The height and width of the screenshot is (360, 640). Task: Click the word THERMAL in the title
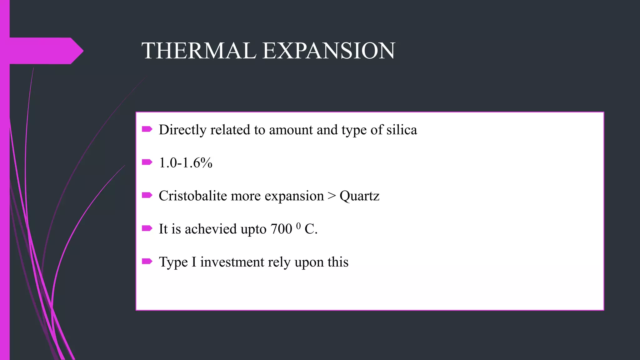[x=199, y=51]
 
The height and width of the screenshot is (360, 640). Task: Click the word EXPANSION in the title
[x=329, y=51]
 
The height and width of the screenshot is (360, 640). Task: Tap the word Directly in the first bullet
[x=182, y=130]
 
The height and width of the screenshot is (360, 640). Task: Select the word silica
[x=402, y=130]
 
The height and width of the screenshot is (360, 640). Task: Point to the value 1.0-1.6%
[x=186, y=163]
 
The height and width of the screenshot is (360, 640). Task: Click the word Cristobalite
[x=192, y=196]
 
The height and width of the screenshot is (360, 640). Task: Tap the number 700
[x=281, y=229]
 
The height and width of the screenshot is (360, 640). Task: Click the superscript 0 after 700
[x=298, y=226]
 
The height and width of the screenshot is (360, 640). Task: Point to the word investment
[x=232, y=262]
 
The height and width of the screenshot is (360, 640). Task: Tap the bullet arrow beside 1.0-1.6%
[x=147, y=162]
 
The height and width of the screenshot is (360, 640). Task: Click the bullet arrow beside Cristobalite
[x=147, y=195]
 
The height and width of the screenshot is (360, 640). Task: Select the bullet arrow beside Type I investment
[x=147, y=261]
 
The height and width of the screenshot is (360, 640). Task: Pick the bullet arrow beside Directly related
[x=147, y=129]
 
